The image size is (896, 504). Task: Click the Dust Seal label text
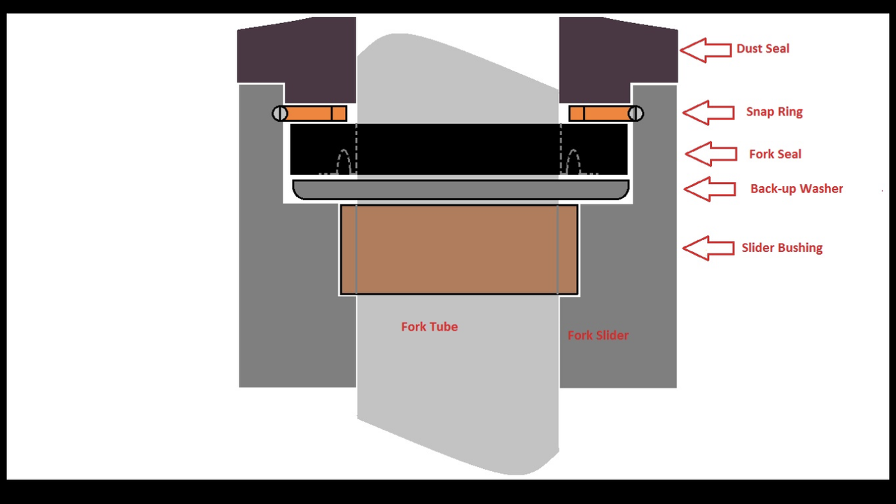(762, 49)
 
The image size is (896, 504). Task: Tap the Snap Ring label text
(773, 112)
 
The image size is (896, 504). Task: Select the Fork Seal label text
(775, 154)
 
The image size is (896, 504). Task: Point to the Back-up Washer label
(796, 189)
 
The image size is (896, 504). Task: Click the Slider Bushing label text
(781, 248)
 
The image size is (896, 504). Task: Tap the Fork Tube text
(429, 327)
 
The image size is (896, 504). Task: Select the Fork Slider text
(598, 335)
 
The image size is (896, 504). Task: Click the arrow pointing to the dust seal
(706, 50)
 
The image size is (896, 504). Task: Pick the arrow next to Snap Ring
(708, 113)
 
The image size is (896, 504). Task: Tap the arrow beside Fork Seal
(710, 154)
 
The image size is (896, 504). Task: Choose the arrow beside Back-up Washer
(708, 189)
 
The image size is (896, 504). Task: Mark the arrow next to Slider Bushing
(708, 248)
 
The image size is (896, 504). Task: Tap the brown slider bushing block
(458, 250)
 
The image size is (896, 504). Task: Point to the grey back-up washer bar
(460, 190)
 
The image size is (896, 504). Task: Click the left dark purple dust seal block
(297, 56)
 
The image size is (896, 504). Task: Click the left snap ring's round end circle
(279, 113)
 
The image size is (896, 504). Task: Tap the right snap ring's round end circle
(636, 113)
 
